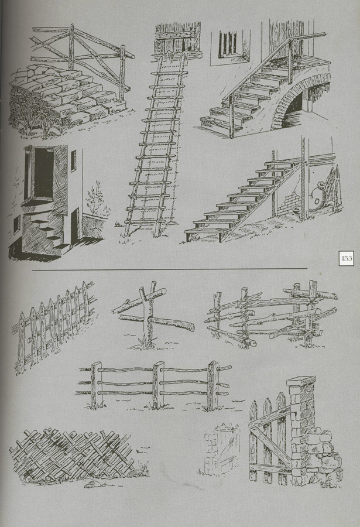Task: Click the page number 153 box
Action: [346, 258]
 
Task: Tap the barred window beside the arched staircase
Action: [230, 46]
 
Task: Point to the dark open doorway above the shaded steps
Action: [44, 173]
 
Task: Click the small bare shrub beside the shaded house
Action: [96, 199]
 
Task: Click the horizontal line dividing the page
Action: [170, 269]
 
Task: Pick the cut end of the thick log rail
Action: [191, 326]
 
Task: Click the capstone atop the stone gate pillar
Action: [301, 381]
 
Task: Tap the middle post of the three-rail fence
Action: [156, 385]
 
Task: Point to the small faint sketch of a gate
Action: [222, 450]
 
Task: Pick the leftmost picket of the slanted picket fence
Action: [21, 343]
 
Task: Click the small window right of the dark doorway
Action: [73, 160]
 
